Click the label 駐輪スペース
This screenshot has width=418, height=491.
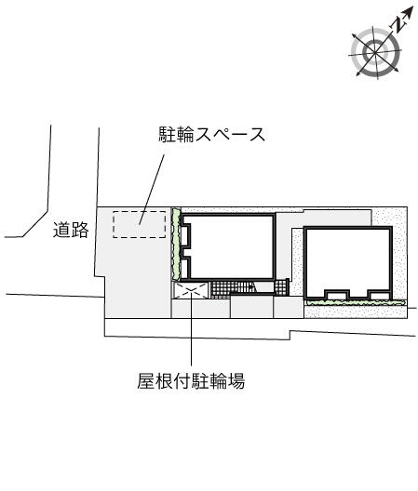(x=212, y=135)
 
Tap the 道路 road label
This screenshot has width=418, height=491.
(x=71, y=230)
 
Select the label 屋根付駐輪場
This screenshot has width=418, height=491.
(x=191, y=380)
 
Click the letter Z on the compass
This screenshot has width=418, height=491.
(x=398, y=24)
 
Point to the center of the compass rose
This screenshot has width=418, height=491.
(x=375, y=52)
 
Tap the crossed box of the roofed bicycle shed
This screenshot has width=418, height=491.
(x=191, y=290)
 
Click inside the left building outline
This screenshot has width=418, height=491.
(x=232, y=246)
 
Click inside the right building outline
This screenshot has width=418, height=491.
(x=348, y=259)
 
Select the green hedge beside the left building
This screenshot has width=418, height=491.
(x=176, y=245)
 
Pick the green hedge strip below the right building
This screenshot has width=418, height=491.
(x=356, y=302)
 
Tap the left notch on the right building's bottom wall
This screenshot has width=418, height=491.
(x=337, y=295)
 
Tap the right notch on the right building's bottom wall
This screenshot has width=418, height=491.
(x=379, y=295)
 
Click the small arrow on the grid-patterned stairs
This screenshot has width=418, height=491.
(x=251, y=286)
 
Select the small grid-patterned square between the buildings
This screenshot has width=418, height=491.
(x=281, y=287)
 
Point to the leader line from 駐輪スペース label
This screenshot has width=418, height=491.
(x=152, y=190)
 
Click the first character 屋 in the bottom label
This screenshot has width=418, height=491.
(x=146, y=380)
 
